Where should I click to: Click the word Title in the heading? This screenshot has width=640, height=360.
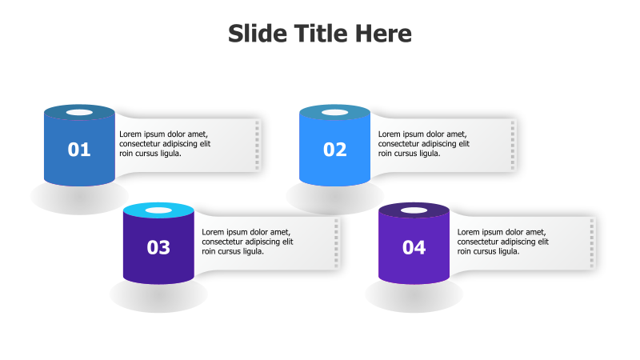pos(321,33)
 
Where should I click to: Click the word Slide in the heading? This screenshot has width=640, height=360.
pos(258,33)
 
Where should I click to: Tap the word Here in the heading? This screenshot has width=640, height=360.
pos(383,33)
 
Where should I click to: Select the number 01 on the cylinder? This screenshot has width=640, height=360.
pos(78,150)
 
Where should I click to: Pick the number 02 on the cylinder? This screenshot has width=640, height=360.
pos(334,150)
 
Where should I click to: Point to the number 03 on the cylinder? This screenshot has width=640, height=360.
pos(158,248)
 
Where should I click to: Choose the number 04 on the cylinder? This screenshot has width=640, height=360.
pos(414,248)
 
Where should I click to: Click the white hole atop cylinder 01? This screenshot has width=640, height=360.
pos(79,112)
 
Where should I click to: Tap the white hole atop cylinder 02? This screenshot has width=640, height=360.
pos(334,112)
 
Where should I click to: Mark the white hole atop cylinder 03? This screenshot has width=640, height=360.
pos(158,210)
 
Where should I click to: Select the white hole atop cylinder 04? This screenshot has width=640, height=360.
pos(414,210)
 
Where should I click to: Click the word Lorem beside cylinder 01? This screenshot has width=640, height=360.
pos(130,134)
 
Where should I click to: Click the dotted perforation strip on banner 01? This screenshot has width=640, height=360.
pos(257,145)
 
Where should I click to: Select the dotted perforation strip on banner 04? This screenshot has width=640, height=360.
pos(592,243)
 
